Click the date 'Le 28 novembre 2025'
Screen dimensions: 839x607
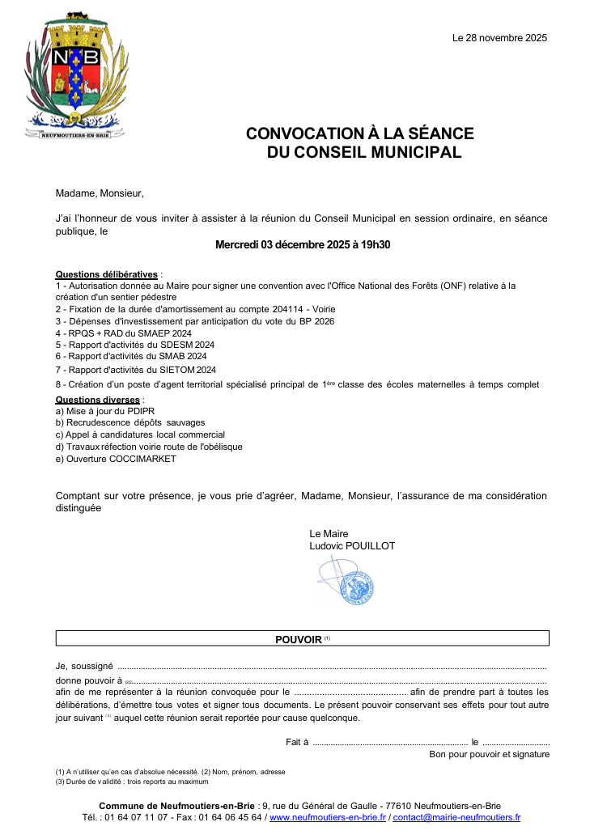[x=499, y=38]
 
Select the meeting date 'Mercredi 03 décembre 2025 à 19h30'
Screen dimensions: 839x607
[x=303, y=244]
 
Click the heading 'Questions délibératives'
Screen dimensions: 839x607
[x=106, y=274]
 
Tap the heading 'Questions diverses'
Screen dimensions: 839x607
[x=97, y=400]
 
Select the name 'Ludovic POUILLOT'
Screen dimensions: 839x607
[x=352, y=546]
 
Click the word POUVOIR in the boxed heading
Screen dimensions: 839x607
[x=298, y=639]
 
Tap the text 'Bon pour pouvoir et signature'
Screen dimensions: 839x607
[x=489, y=754]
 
